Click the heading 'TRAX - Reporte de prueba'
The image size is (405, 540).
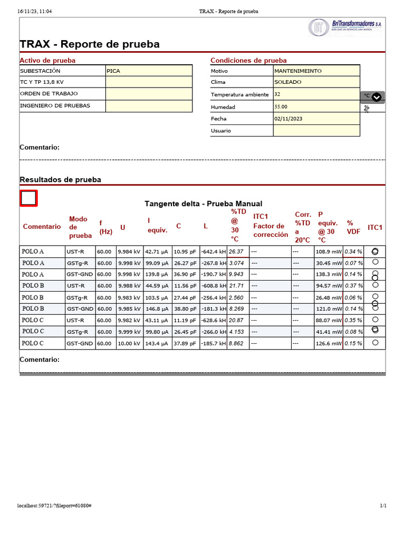click(90, 44)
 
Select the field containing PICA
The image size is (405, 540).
click(149, 71)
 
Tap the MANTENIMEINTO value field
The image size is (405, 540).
click(316, 71)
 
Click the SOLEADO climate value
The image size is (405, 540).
click(316, 82)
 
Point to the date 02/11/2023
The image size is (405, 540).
click(316, 119)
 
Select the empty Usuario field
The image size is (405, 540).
click(316, 131)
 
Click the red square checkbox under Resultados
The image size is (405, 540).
click(28, 198)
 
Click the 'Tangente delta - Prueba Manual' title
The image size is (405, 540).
click(203, 204)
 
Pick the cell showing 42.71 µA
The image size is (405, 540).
click(157, 252)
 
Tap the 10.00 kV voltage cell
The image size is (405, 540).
click(129, 343)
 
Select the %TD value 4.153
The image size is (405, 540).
click(236, 332)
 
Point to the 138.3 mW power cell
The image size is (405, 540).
click(329, 275)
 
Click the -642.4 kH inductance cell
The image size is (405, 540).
click(213, 252)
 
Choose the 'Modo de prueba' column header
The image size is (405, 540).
click(80, 227)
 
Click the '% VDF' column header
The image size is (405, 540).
click(353, 227)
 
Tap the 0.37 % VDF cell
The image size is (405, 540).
click(353, 286)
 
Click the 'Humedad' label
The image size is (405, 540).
click(223, 107)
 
